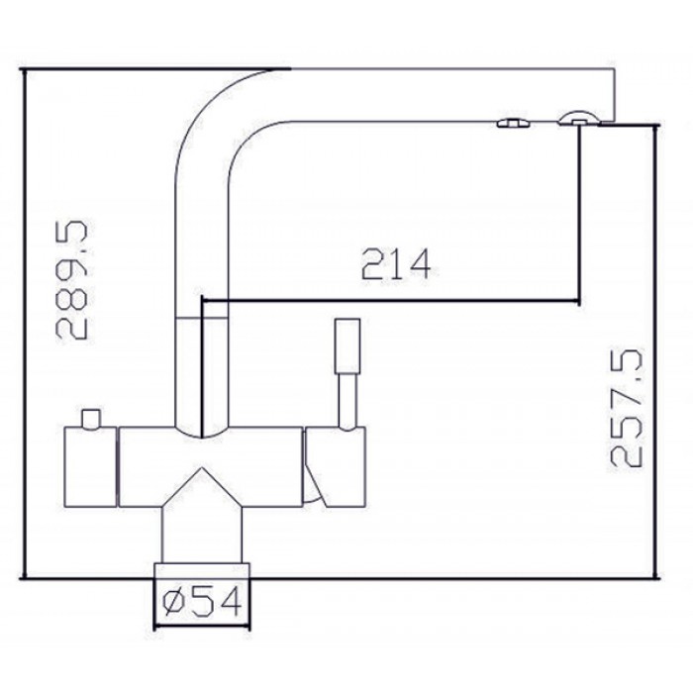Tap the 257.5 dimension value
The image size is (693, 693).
(x=629, y=407)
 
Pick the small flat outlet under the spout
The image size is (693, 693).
(x=512, y=123)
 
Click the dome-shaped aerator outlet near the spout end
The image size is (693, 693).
(x=577, y=120)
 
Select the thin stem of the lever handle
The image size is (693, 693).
(x=347, y=398)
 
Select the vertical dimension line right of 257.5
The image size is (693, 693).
(x=653, y=346)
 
